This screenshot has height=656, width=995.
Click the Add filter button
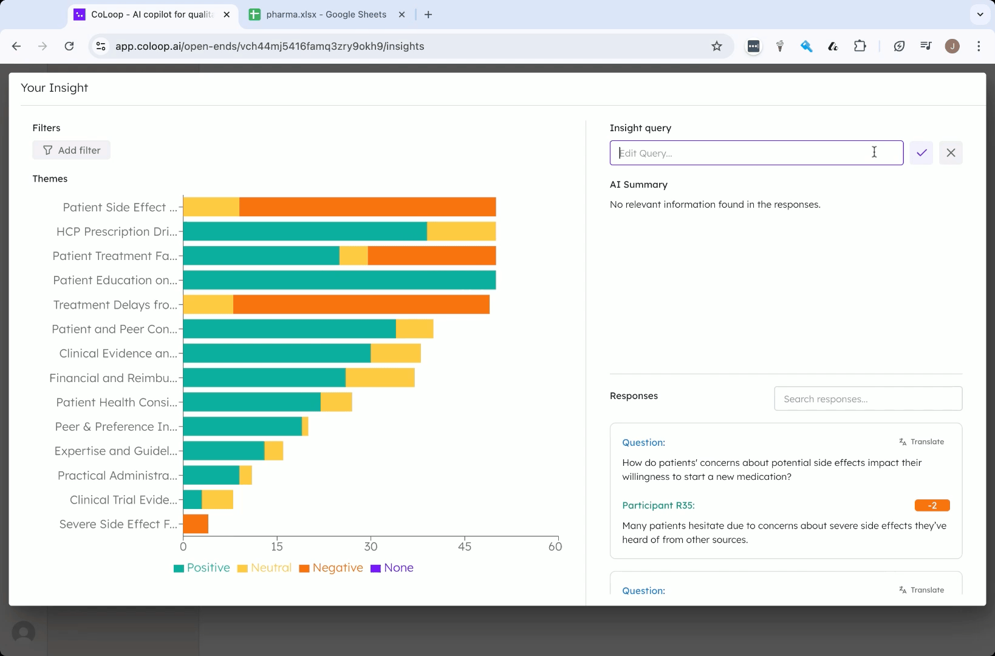point(71,150)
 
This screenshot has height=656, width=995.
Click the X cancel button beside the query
point(951,153)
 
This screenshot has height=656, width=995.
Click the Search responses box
point(868,398)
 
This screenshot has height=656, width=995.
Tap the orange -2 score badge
point(932,505)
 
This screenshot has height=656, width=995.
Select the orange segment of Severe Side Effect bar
point(196,524)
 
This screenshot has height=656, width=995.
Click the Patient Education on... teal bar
point(340,280)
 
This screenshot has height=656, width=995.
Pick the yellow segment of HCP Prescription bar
point(462,231)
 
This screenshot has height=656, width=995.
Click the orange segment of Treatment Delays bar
point(361,305)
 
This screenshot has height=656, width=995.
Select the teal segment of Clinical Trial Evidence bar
point(193,500)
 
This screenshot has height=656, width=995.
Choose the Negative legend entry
point(332,567)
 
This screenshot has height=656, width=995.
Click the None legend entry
point(392,567)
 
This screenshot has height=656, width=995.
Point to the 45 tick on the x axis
point(465,546)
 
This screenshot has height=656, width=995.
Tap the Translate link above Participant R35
point(921,442)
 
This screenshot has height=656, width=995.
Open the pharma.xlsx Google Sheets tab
point(326,15)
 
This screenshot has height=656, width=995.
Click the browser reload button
point(69,46)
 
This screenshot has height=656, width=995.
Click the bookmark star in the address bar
point(717,46)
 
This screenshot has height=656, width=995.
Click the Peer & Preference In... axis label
point(116,426)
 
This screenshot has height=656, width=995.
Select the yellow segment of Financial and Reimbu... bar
point(380,378)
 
